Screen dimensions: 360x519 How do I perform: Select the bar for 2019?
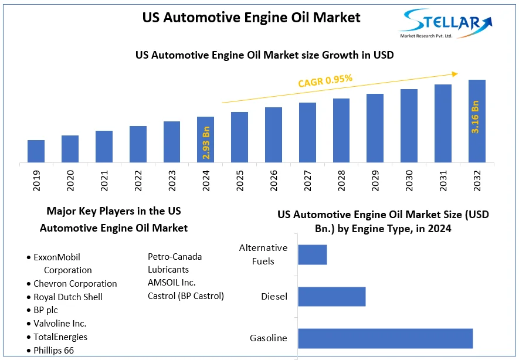[x=36, y=151]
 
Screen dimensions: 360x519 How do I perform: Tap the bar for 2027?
[x=307, y=133]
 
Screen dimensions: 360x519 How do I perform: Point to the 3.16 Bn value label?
[x=476, y=117]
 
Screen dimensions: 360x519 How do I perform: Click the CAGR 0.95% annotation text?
[x=325, y=80]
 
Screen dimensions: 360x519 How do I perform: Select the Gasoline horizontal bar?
[x=385, y=338]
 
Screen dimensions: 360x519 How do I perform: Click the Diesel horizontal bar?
[x=332, y=296]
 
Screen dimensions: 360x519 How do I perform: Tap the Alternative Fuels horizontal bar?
[x=313, y=254]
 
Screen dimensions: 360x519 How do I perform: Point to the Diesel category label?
[x=274, y=297]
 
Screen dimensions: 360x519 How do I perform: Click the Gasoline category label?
[x=269, y=338]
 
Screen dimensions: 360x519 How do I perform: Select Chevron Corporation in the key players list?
[x=75, y=284]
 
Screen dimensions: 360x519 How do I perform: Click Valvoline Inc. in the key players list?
[x=60, y=324]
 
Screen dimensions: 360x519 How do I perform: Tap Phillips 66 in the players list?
[x=54, y=351]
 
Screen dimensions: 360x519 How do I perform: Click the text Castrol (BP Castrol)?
[x=186, y=296]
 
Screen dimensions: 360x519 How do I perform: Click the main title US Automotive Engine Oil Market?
[x=252, y=18]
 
